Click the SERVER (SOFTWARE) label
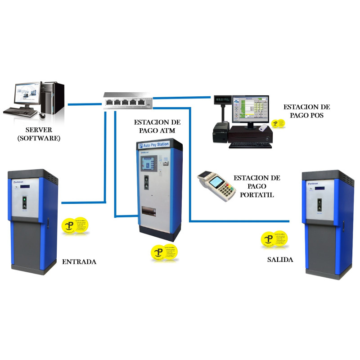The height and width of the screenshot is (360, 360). coord(39,133)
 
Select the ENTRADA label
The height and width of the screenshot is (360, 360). coord(79,261)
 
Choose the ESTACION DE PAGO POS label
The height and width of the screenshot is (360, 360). coord(306,111)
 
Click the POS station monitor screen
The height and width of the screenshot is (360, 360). coord(250,110)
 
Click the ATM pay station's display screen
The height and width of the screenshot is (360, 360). coord(148,164)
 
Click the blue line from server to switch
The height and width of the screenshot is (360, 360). coord(85,104)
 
